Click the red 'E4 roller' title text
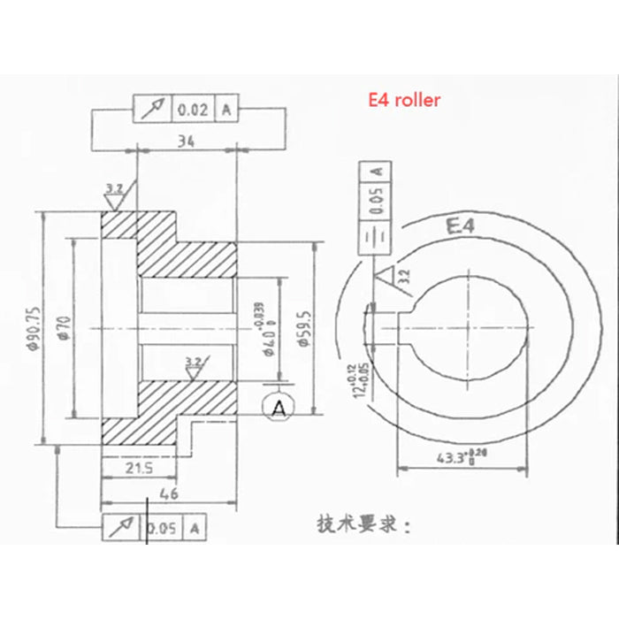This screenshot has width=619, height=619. coord(403,101)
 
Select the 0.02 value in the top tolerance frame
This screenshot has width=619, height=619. coord(193,110)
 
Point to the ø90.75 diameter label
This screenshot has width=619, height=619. coord(33,327)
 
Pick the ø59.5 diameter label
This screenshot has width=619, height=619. coord(304,327)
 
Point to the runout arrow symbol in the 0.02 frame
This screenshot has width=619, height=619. coord(152,110)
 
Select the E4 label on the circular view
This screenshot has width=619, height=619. coord(462,229)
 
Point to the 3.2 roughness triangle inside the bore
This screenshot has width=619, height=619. coord(193,366)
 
